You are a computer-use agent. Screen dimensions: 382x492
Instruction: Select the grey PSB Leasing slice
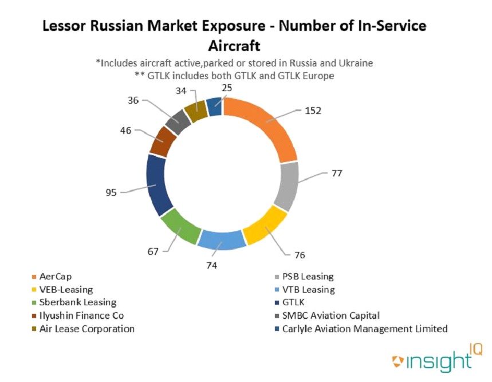click(286, 186)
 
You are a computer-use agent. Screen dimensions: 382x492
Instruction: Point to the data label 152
click(313, 111)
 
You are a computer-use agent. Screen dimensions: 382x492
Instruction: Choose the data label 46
click(125, 131)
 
